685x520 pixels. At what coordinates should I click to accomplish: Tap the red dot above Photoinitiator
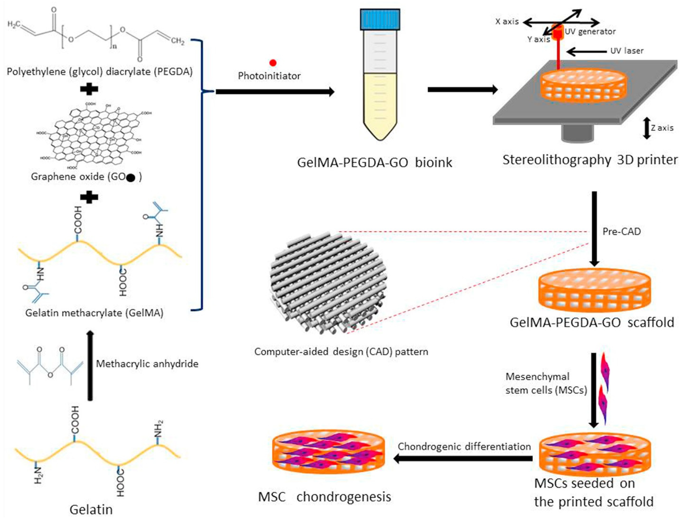273,63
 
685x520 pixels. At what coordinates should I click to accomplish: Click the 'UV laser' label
627,51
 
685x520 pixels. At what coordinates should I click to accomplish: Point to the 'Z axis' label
662,128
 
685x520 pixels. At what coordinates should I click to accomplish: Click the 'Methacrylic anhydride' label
147,364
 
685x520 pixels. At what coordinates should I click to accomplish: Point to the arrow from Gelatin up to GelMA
90,366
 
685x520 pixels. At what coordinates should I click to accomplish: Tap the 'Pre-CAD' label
621,232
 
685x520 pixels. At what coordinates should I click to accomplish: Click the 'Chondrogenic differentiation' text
464,447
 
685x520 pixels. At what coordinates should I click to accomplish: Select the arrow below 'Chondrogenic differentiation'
463,459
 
